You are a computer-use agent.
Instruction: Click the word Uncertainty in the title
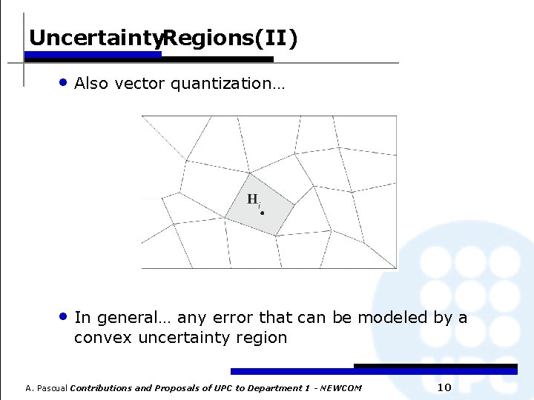coord(94,38)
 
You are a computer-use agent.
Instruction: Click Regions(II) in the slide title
coord(230,38)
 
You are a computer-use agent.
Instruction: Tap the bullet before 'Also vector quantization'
coord(65,82)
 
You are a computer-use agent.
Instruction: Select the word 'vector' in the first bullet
coord(143,84)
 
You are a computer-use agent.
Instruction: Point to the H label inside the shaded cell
coord(253,199)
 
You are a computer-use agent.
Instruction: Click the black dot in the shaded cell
coord(262,212)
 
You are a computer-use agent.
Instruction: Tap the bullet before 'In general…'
coord(65,316)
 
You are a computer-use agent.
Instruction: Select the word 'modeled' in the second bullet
coord(395,318)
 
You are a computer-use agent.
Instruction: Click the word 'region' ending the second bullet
coord(265,339)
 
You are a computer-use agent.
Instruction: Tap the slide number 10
coord(444,387)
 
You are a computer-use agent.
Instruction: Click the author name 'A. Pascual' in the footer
coord(47,388)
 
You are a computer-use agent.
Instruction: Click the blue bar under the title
coord(93,54)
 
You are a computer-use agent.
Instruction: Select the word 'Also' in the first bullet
coord(91,84)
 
